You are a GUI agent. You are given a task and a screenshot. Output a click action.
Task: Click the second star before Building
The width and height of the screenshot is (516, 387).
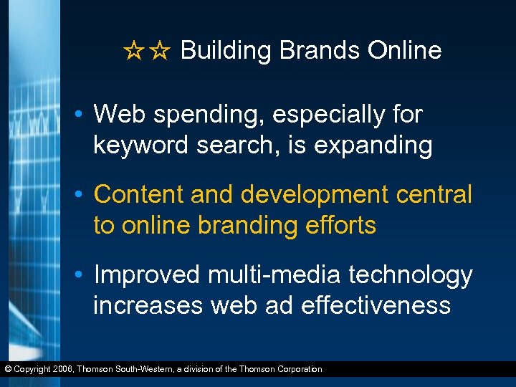tap(161, 52)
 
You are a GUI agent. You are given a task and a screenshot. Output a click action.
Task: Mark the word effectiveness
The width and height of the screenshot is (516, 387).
tap(376, 306)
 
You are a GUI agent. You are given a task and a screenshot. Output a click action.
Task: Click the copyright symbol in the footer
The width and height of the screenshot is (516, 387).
tap(8, 369)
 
